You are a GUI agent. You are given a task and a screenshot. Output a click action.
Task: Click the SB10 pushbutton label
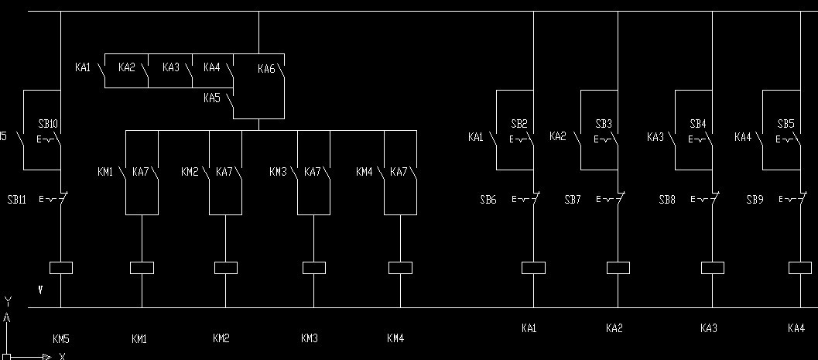[x=48, y=124]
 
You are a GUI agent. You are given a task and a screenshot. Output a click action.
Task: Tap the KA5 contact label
[x=211, y=98]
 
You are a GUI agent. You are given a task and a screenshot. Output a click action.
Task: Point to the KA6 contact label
[x=266, y=70]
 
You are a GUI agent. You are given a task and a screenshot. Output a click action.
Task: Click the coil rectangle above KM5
[x=60, y=268]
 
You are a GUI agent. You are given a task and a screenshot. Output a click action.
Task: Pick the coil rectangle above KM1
[x=142, y=268]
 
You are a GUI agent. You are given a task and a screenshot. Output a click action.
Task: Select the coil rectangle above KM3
[x=313, y=268]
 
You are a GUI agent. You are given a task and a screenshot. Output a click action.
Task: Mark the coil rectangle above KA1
[x=534, y=268]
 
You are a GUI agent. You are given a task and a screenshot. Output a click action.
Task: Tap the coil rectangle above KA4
[x=799, y=268]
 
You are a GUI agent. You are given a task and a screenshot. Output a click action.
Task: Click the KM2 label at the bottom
[x=221, y=338]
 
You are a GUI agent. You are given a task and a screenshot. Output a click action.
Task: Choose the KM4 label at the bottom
[x=395, y=338]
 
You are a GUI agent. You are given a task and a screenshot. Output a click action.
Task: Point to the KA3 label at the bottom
[x=708, y=328]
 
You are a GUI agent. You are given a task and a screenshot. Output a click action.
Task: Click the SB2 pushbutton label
[x=519, y=124]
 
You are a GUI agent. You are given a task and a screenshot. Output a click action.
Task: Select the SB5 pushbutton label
[x=785, y=124]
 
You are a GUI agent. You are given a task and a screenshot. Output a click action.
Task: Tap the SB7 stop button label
[x=573, y=200]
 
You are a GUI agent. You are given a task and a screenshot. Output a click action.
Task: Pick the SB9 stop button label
[x=755, y=200]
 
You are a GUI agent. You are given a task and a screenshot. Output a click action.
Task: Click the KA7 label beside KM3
[x=312, y=172]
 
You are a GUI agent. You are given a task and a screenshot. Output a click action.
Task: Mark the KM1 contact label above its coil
[x=104, y=172]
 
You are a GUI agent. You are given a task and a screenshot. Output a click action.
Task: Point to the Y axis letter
[x=7, y=300]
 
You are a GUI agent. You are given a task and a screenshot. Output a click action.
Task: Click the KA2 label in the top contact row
[x=127, y=68]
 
